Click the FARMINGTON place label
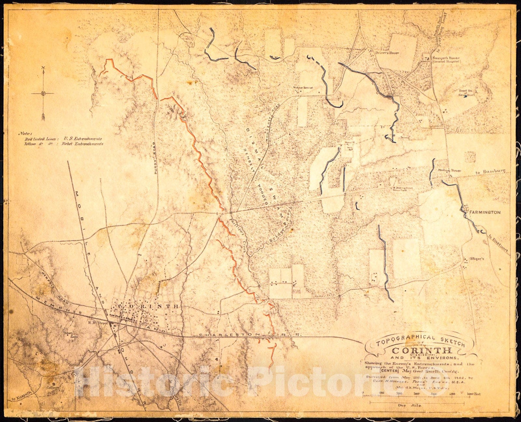485,212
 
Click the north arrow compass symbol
43,94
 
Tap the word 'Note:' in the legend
25,133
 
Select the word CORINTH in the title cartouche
422,351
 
